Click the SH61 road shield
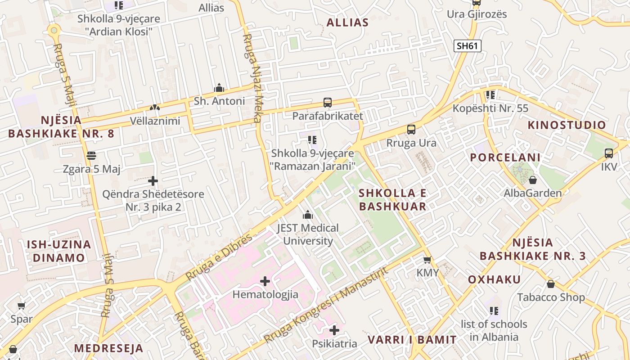tap(468, 45)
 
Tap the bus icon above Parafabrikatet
tap(328, 103)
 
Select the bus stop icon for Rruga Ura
tap(411, 130)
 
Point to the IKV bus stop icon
tap(609, 153)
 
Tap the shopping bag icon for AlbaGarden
tap(533, 180)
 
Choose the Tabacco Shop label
tap(551, 297)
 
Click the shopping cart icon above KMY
tap(427, 260)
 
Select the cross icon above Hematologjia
tap(265, 282)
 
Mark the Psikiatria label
tap(334, 344)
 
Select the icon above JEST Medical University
tap(308, 215)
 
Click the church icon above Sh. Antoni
tap(219, 88)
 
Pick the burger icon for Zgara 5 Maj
tap(92, 156)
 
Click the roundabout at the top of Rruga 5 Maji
tap(54, 31)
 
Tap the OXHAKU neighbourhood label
tap(494, 279)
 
